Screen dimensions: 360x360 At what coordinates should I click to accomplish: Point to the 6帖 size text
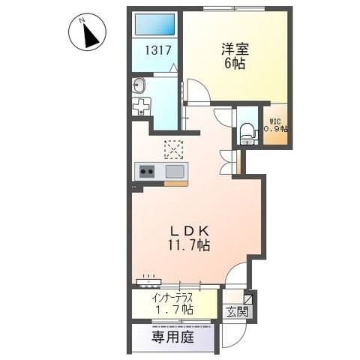coord(234,64)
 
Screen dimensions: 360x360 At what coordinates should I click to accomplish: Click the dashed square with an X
coord(173,149)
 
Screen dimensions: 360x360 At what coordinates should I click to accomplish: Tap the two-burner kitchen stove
coord(146,172)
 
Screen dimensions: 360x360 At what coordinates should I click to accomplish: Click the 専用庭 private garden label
coord(174,338)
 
